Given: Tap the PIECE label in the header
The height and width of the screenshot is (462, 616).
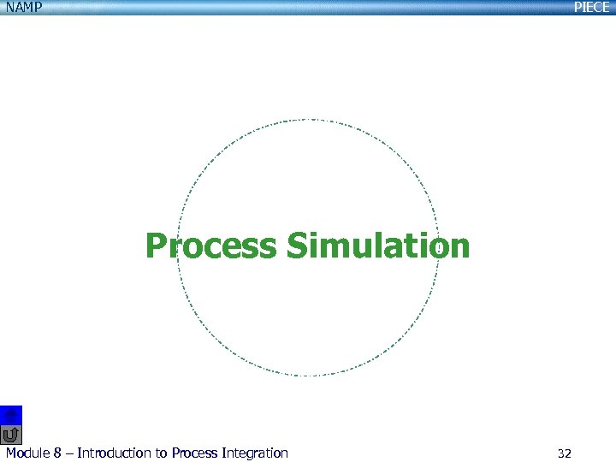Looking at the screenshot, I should pyautogui.click(x=591, y=8).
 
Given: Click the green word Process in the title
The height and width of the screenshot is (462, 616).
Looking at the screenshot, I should pyautogui.click(x=211, y=246).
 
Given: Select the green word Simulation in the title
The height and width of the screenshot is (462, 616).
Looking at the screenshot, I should pyautogui.click(x=378, y=246).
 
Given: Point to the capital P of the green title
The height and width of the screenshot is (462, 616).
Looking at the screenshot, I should pyautogui.click(x=156, y=246).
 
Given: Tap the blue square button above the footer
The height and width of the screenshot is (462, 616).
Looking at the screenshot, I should pyautogui.click(x=11, y=414).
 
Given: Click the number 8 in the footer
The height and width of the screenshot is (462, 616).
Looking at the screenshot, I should pyautogui.click(x=58, y=453).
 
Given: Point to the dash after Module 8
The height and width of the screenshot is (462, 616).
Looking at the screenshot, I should pyautogui.click(x=69, y=453).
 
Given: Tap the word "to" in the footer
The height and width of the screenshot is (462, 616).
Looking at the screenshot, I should pyautogui.click(x=161, y=453).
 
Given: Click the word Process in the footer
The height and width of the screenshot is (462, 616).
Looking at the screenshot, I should pyautogui.click(x=196, y=453).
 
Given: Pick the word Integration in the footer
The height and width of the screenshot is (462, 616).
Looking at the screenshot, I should pyautogui.click(x=256, y=453).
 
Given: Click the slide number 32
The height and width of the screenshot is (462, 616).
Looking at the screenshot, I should pyautogui.click(x=564, y=453).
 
